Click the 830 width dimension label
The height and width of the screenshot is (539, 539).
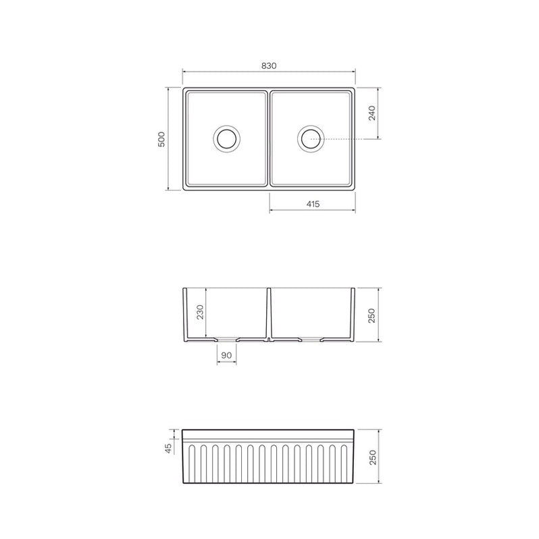(x=269, y=66)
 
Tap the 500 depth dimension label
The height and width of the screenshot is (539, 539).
(x=161, y=139)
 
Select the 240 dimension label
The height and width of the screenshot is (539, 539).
(x=372, y=113)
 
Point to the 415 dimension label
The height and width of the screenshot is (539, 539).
(x=313, y=204)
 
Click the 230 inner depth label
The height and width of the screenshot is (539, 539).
(x=200, y=312)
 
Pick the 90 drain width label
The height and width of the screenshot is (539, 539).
(x=226, y=355)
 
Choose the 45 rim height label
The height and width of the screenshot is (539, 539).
(x=168, y=448)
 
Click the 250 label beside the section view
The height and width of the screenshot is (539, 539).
(x=372, y=315)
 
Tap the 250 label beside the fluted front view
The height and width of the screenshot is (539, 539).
(x=373, y=457)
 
